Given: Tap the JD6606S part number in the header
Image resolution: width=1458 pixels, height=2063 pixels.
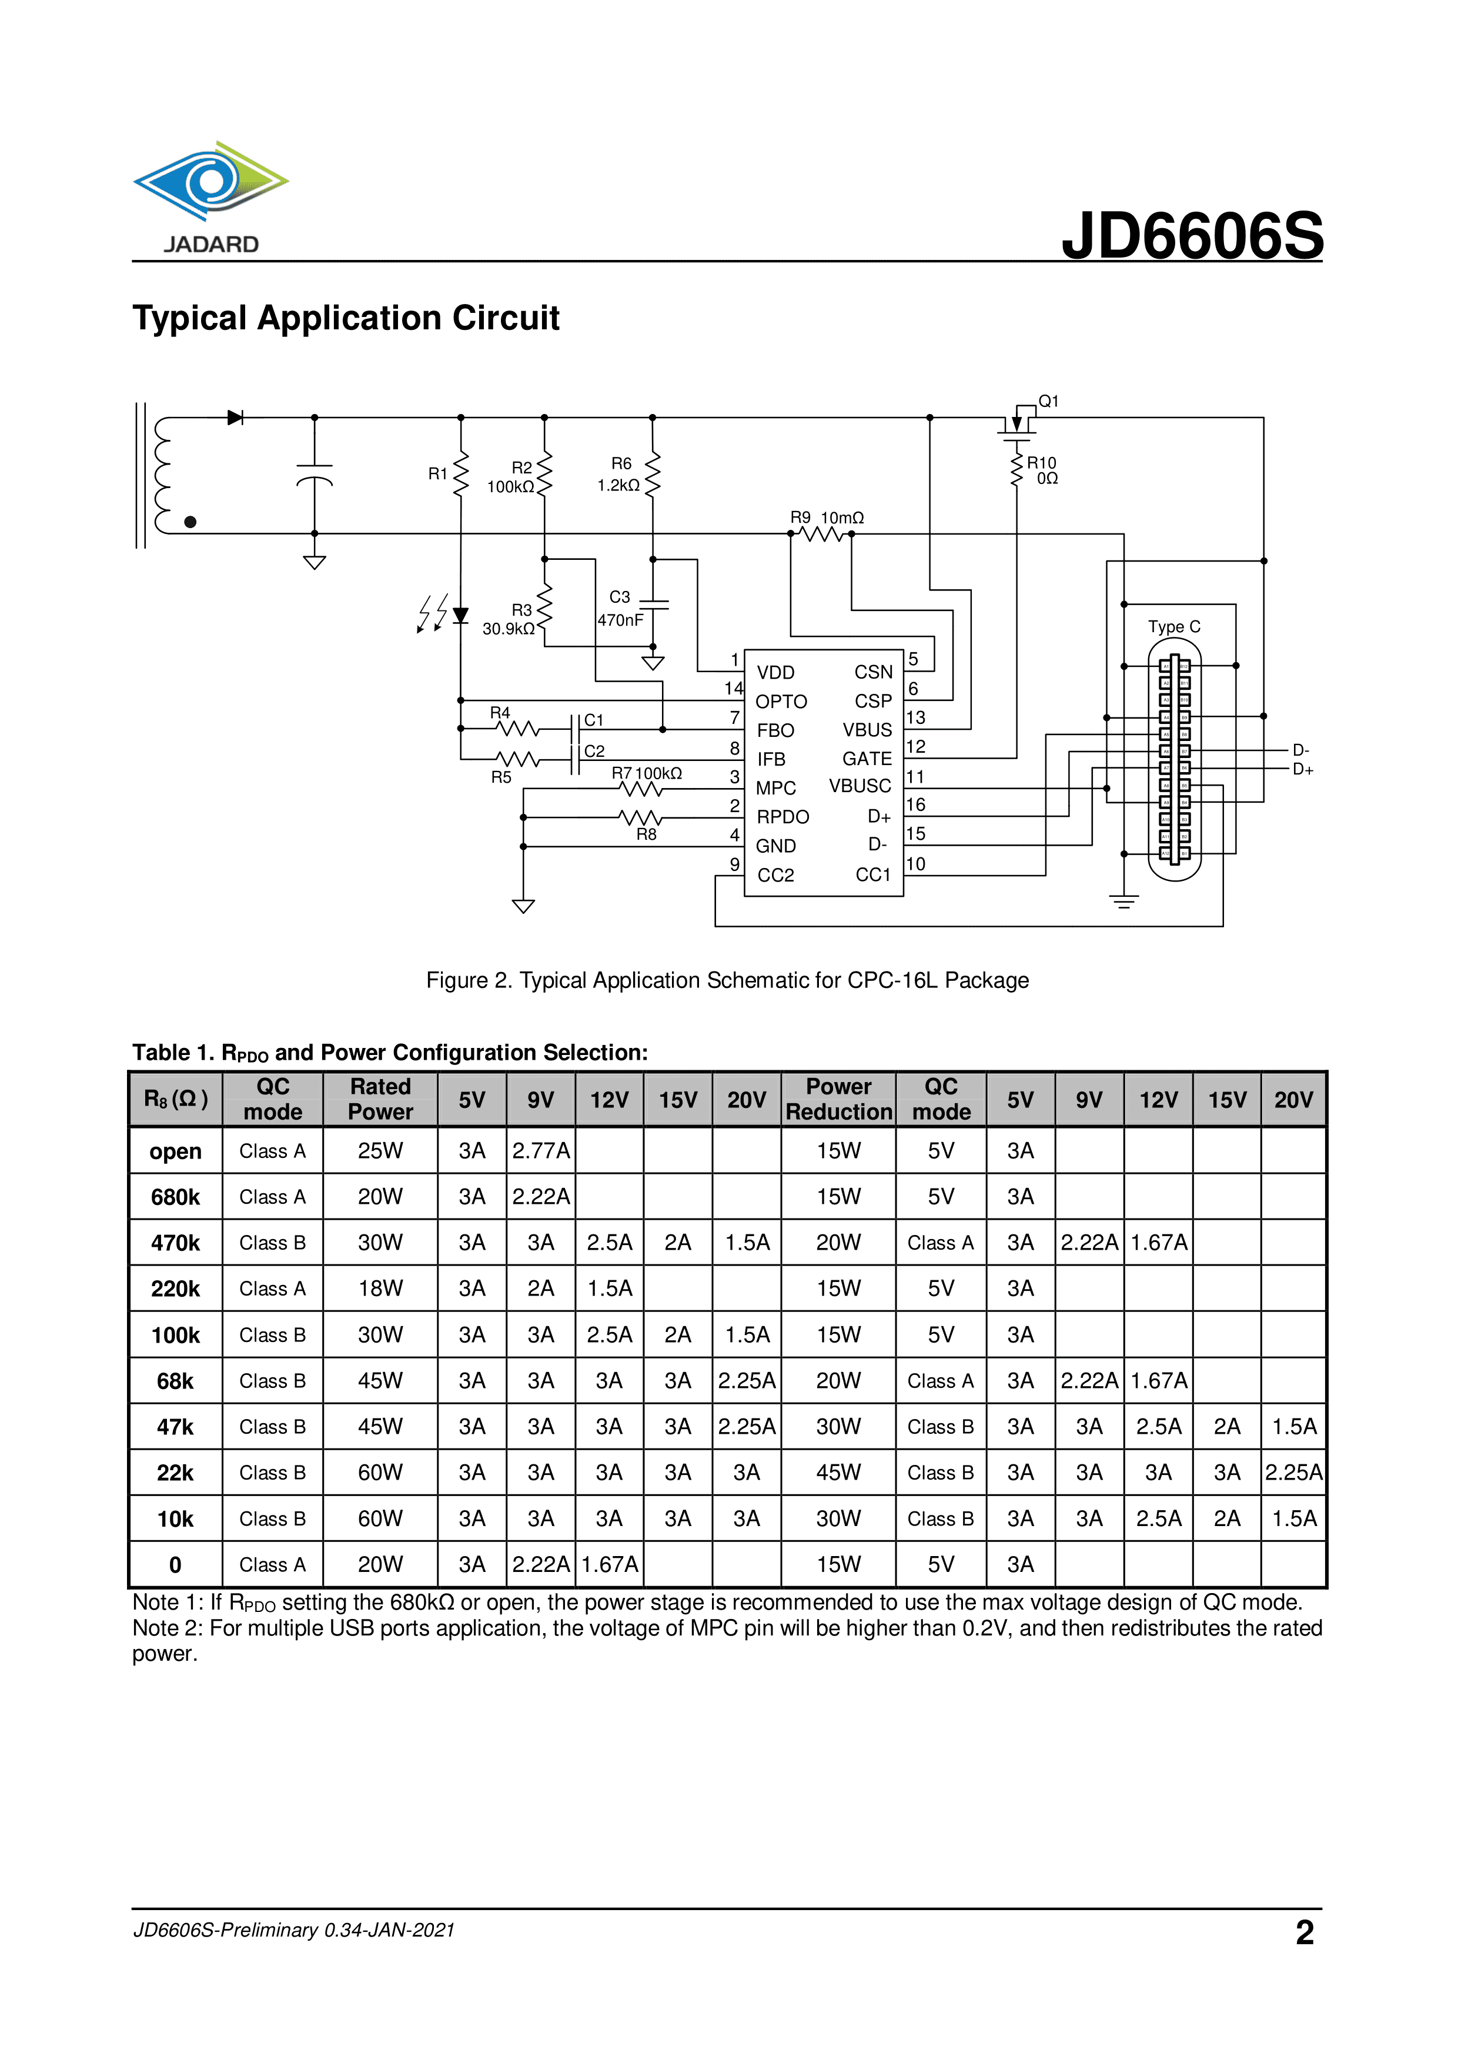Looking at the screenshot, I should coord(1192,235).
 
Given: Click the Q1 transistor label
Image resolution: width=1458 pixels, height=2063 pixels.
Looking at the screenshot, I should coord(1048,402).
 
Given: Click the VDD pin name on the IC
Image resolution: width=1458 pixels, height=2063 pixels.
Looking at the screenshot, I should coord(775,672).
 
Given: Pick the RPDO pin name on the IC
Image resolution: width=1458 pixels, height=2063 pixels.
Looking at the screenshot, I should coord(782,817).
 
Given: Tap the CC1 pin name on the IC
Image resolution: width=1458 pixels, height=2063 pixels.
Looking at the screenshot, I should coord(872,874).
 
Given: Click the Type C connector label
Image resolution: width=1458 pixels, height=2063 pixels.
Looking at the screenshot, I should coord(1174,626).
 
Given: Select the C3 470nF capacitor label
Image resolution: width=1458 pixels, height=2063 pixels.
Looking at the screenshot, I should coord(620,608).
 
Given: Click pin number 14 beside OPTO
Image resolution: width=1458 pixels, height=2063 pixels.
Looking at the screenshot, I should coord(733,688).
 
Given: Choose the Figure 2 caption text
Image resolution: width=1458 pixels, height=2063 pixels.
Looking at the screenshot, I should coord(727,980).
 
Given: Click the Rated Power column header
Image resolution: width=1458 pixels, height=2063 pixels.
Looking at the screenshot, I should coord(380,1099).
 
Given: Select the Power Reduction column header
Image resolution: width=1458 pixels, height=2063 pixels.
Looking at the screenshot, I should coord(838,1099).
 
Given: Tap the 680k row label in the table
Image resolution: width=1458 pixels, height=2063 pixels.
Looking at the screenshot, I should coord(175,1197).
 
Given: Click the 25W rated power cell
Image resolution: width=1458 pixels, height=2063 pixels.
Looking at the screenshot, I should coord(380,1151).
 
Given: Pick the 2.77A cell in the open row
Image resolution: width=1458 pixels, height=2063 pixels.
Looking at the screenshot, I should coord(541,1151).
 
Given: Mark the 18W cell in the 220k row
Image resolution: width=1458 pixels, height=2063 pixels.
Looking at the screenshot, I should coord(380,1288).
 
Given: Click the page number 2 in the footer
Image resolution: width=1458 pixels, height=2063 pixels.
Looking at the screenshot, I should coord(1305,1932).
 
